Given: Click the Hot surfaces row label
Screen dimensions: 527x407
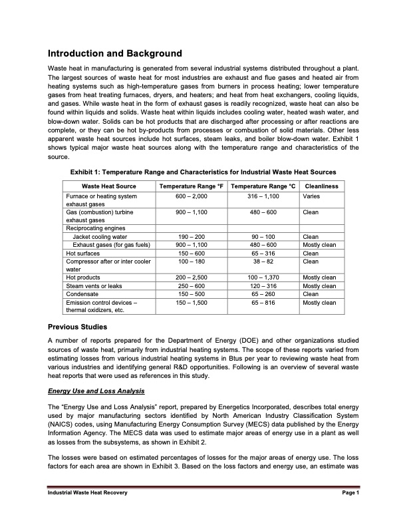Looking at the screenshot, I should (81, 253).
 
